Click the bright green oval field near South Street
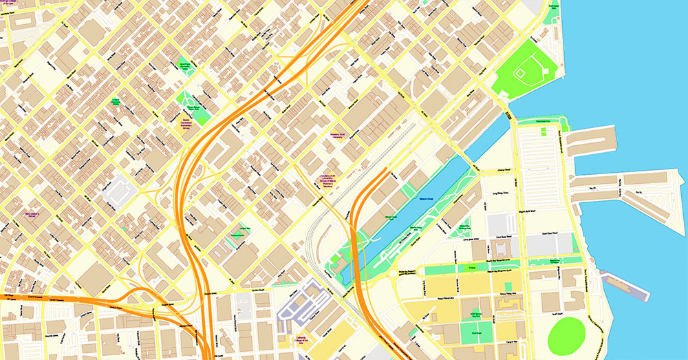point(566,335)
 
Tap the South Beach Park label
point(553,6)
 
